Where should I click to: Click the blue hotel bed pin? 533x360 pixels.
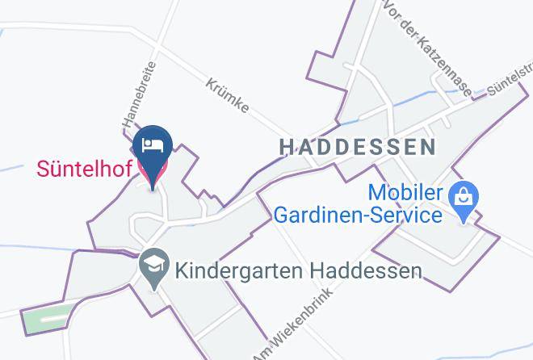tap(153, 146)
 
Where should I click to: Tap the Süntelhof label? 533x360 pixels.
tap(84, 170)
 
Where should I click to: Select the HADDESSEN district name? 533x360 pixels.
tap(357, 147)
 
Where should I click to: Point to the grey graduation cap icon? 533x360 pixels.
tap(152, 266)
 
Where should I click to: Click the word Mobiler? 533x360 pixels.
tap(406, 193)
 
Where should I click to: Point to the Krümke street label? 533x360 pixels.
tap(227, 94)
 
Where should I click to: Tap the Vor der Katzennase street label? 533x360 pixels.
tap(428, 48)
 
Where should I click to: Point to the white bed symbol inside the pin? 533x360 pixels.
tap(153, 144)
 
